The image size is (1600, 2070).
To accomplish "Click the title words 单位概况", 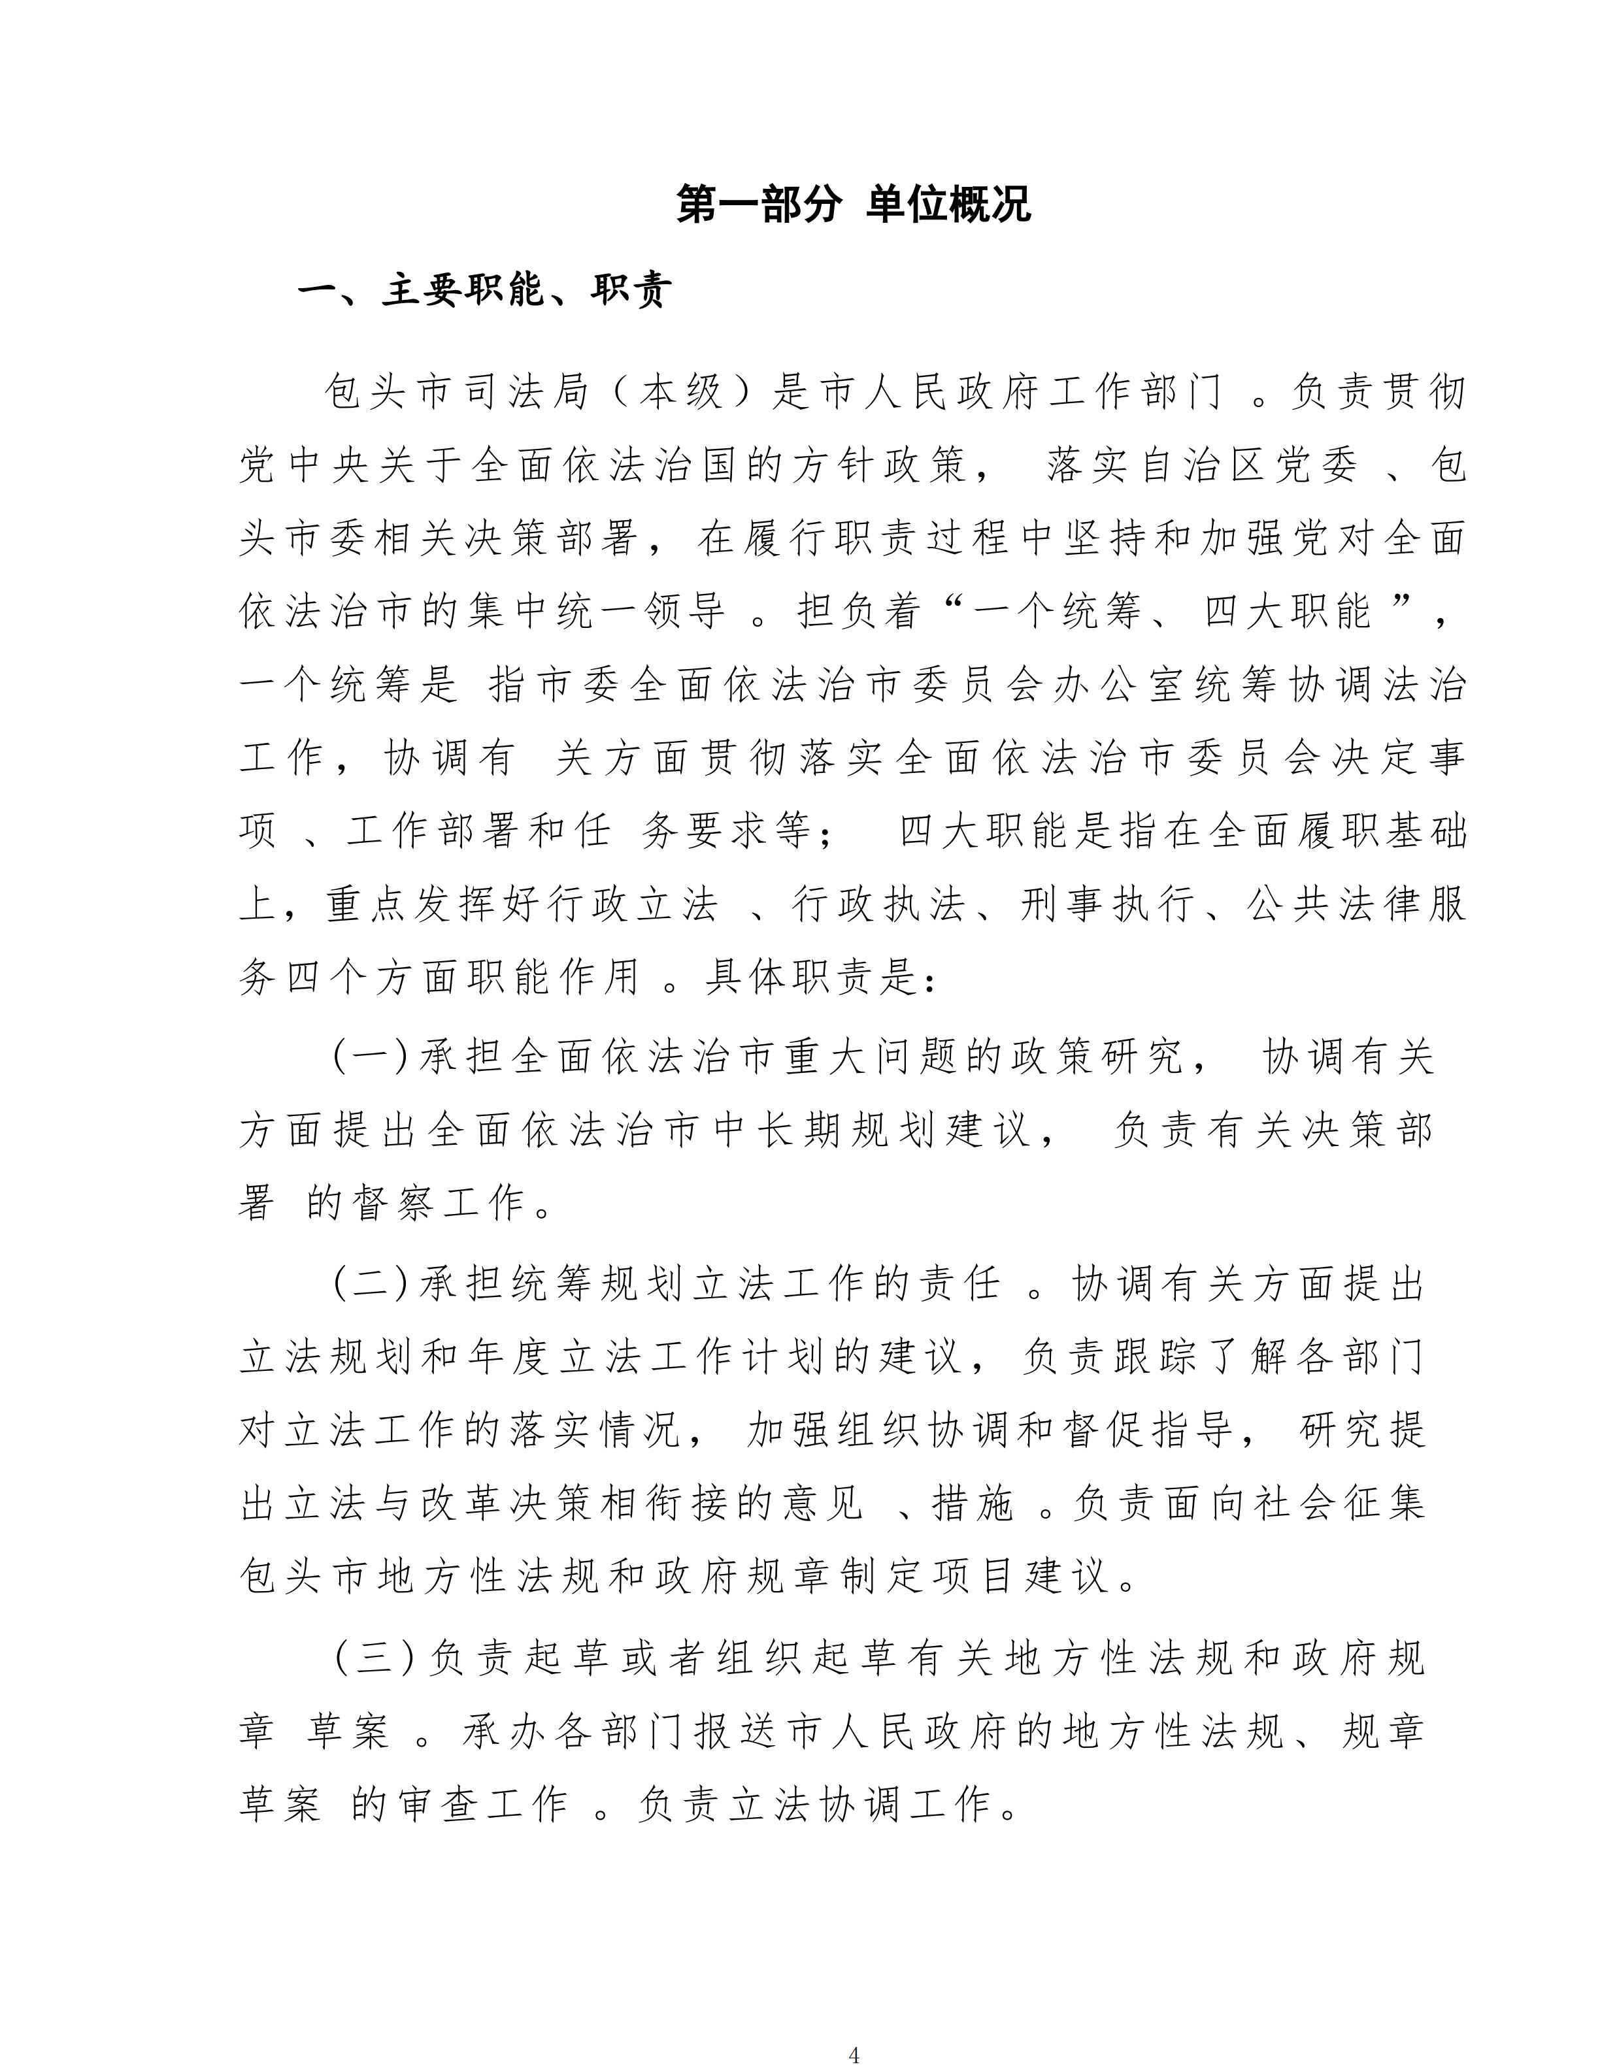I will click(x=948, y=205).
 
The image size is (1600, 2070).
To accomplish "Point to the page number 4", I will click(x=854, y=2046).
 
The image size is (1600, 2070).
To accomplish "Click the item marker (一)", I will click(x=371, y=1057).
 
